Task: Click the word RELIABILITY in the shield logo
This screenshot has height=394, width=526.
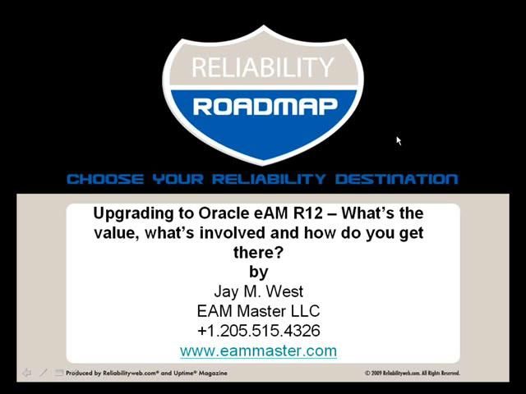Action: coord(263,68)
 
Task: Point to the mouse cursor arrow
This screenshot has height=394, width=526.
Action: coord(399,141)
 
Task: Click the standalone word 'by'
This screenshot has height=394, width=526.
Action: coord(258,272)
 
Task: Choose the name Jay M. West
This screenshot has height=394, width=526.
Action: coord(258,291)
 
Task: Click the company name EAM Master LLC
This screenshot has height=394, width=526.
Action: coord(258,311)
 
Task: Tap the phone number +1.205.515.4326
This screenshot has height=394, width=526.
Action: coord(258,331)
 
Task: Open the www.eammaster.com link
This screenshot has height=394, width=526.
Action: coord(258,351)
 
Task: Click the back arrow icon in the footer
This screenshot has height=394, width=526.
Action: coord(26,373)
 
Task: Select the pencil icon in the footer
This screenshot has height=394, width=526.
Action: coord(43,373)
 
